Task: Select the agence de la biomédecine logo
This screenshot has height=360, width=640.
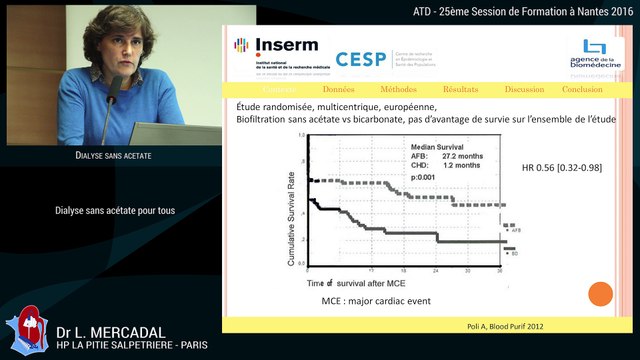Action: point(595,57)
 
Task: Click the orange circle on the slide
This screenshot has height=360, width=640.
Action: point(600,294)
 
